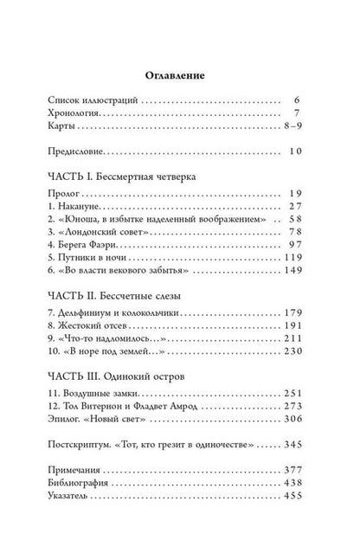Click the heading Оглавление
coord(179,76)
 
